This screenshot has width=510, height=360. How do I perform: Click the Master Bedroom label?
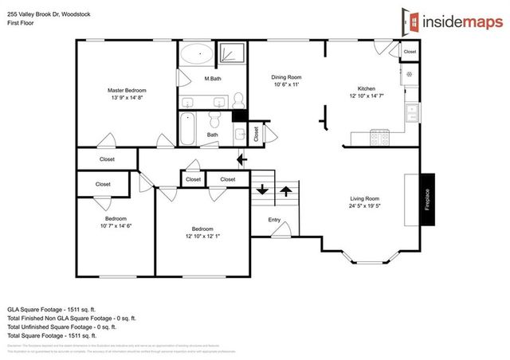pos(127,91)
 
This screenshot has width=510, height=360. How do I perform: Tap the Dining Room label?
pos(287,77)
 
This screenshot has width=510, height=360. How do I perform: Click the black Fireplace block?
pos(428,200)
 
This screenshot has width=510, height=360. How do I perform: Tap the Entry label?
pos(274,220)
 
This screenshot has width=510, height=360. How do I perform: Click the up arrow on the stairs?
pos(284,192)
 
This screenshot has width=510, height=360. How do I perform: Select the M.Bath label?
pos(212,78)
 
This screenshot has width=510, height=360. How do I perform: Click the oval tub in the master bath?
pos(194,56)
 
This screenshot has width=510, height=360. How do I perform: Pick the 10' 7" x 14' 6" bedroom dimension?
pos(116,226)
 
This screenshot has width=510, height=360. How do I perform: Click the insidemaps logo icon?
pos(409,20)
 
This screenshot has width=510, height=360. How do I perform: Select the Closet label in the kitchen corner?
pos(410,52)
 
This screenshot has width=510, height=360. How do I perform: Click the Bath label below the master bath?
pos(213,135)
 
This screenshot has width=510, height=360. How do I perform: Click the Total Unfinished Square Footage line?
pos(62,327)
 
